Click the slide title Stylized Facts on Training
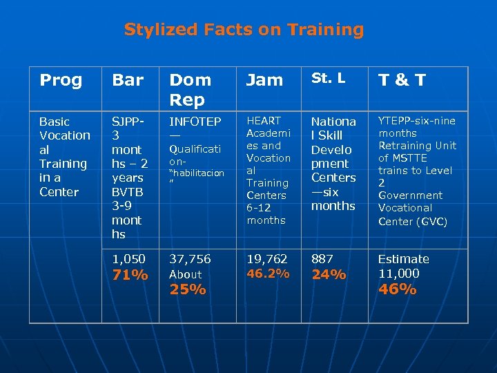[x=244, y=30]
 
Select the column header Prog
[x=61, y=80]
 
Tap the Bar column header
[x=128, y=80]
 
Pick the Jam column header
[x=265, y=80]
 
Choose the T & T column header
[x=401, y=80]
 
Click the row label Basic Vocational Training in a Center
[x=64, y=156]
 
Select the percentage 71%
[x=130, y=275]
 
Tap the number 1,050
[x=128, y=259]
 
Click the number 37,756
[x=191, y=259]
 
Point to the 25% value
[x=188, y=289]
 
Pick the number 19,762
[x=266, y=259]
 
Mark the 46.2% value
[x=268, y=274]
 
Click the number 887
[x=322, y=259]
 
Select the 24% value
[x=329, y=275]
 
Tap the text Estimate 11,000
[x=403, y=266]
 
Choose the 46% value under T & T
[x=397, y=289]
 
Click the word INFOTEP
[x=195, y=122]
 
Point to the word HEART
[x=263, y=121]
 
